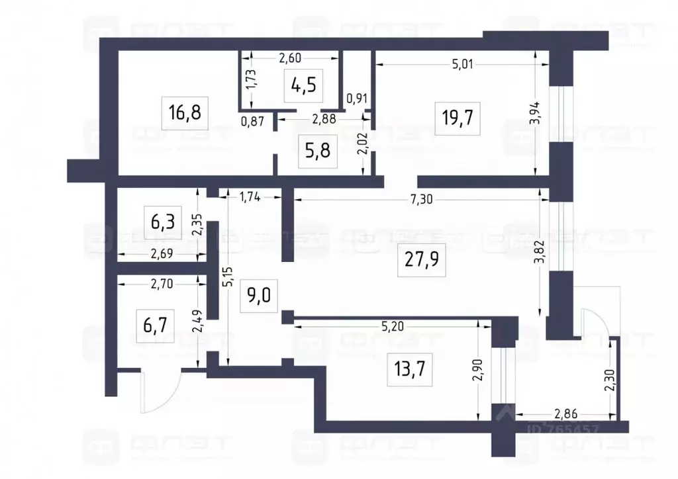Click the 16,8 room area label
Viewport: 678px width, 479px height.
pyautogui.click(x=185, y=112)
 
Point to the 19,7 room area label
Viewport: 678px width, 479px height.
pyautogui.click(x=460, y=119)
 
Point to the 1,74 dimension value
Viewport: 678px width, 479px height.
pyautogui.click(x=250, y=196)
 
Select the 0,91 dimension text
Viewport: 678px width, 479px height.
pyautogui.click(x=358, y=98)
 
